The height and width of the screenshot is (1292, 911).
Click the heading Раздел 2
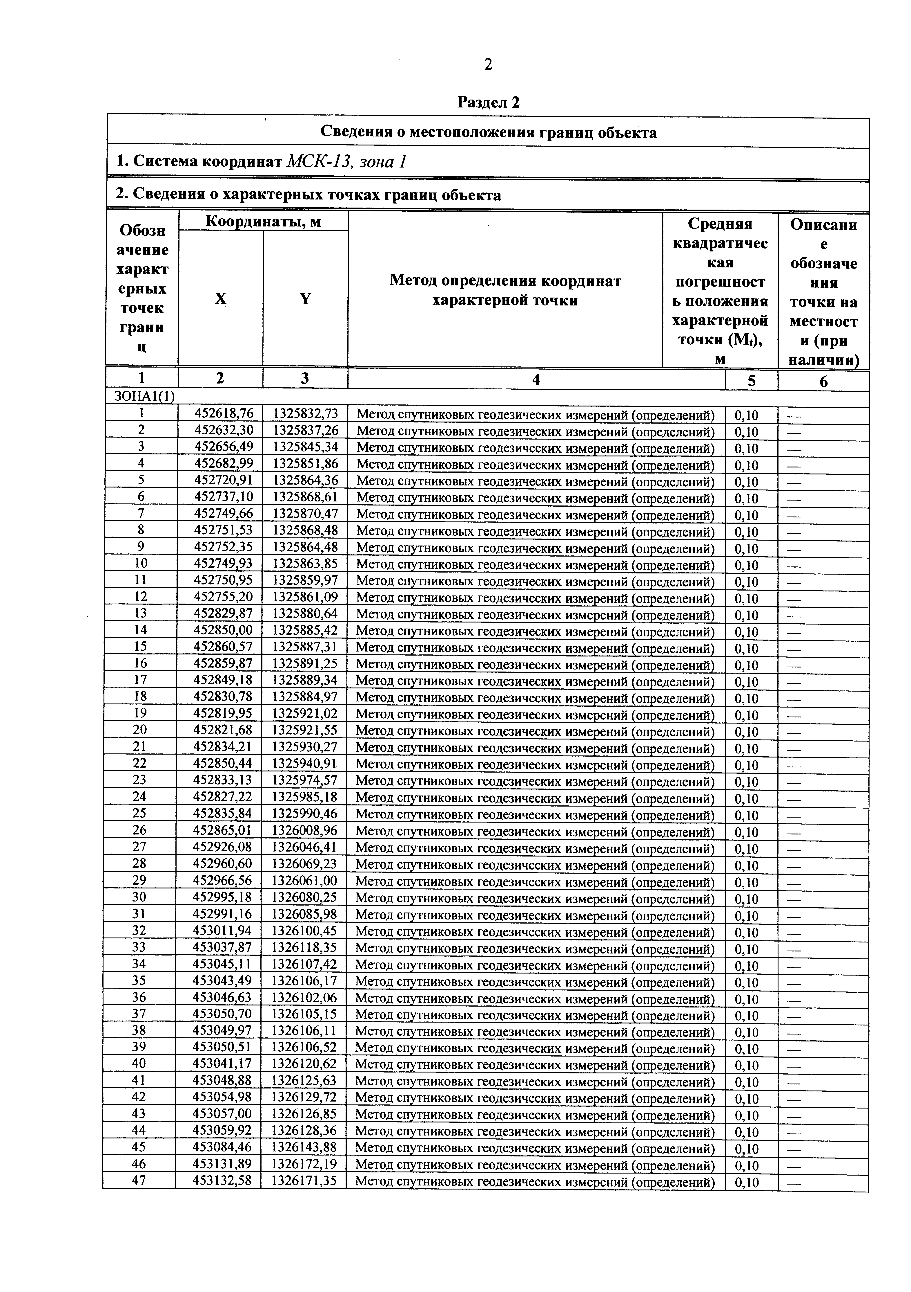tap(488, 102)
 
